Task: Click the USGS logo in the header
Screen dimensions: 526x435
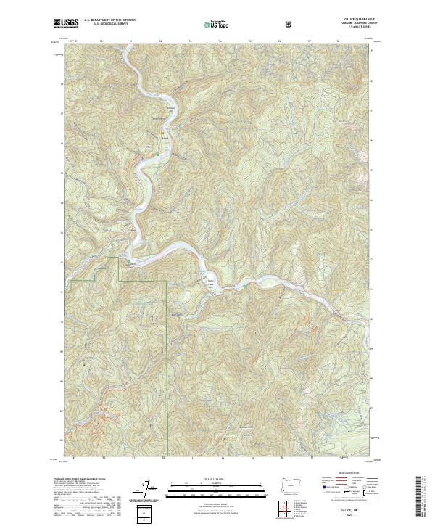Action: [67, 23]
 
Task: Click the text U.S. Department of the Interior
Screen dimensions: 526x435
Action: [107, 21]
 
